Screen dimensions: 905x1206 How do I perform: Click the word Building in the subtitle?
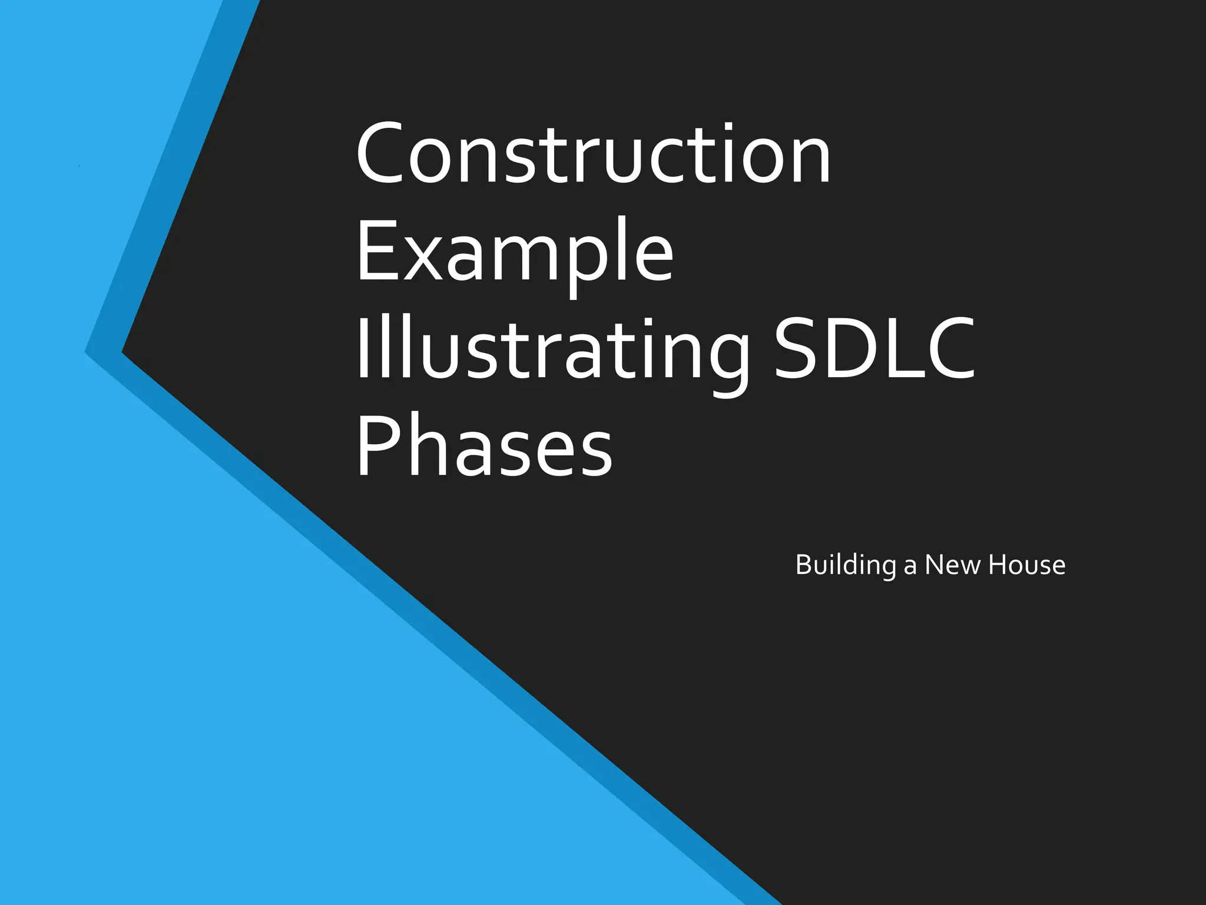[846, 565]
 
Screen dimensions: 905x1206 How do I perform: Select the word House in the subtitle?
[1026, 564]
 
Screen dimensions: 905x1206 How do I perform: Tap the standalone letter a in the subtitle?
[910, 567]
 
